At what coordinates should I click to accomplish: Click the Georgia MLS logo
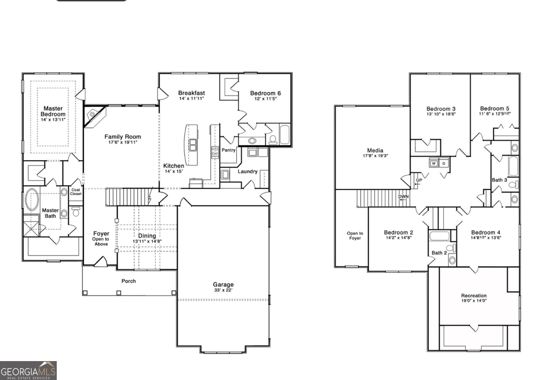point(28,370)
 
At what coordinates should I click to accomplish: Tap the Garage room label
point(223,285)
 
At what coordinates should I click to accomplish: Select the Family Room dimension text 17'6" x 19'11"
point(123,142)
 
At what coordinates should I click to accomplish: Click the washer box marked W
point(434,163)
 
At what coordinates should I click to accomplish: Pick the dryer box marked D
point(444,163)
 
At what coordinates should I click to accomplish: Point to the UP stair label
point(419,180)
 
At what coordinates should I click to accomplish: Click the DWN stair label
point(403,196)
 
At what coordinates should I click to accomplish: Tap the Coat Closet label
point(76,192)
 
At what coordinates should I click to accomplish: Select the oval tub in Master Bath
point(32,200)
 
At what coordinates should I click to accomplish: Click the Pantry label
point(229,150)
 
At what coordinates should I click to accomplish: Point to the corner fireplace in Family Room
point(94,116)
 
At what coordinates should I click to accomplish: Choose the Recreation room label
point(474,296)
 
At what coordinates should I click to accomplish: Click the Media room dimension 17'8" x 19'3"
point(375,156)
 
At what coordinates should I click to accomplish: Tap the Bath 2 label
point(439,253)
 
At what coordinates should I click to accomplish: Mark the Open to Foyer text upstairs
point(355,236)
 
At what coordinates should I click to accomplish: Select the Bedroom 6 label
point(265,93)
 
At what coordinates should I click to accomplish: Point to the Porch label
point(129,281)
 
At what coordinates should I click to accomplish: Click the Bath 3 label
point(500,180)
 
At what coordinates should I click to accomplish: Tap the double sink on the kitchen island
point(193,145)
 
